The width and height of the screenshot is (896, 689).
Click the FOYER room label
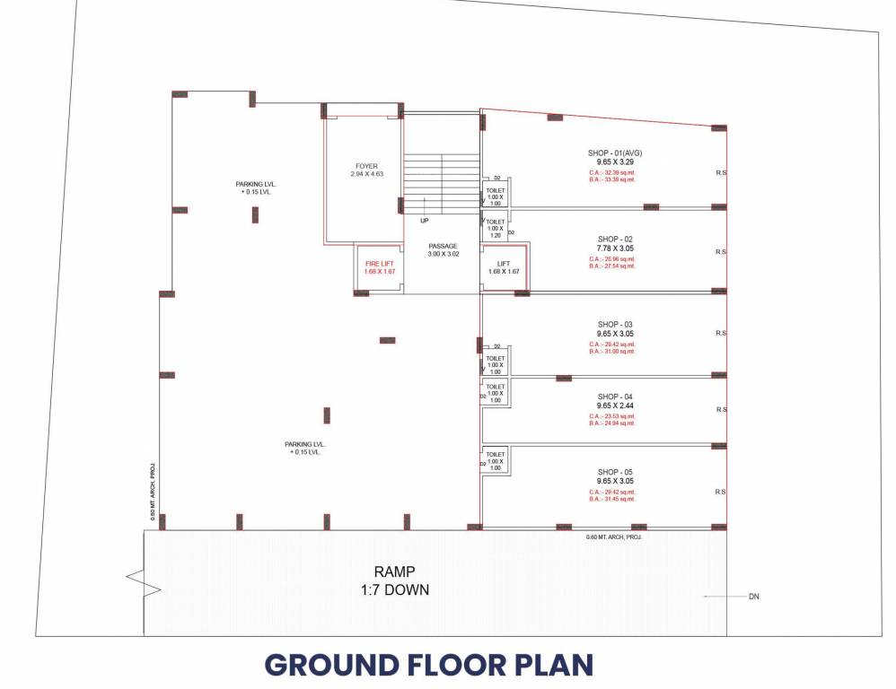point(365,166)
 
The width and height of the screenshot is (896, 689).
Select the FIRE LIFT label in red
point(378,263)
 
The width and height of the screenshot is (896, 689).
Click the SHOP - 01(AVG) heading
point(615,153)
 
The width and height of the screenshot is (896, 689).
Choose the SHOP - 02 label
point(615,239)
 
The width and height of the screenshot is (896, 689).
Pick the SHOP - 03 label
point(615,324)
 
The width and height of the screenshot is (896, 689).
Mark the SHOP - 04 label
point(615,397)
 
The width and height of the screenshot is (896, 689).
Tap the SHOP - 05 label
point(615,472)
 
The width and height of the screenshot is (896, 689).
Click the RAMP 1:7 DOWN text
point(389,580)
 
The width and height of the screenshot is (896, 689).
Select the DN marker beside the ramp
point(753,596)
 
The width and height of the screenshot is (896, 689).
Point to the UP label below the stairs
point(424,220)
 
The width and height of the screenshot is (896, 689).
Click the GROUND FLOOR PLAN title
point(429,666)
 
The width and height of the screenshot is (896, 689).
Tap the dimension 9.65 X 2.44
point(615,406)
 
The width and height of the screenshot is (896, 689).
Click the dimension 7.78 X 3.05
point(615,249)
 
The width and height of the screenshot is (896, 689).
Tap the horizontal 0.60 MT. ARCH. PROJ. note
point(614,536)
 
